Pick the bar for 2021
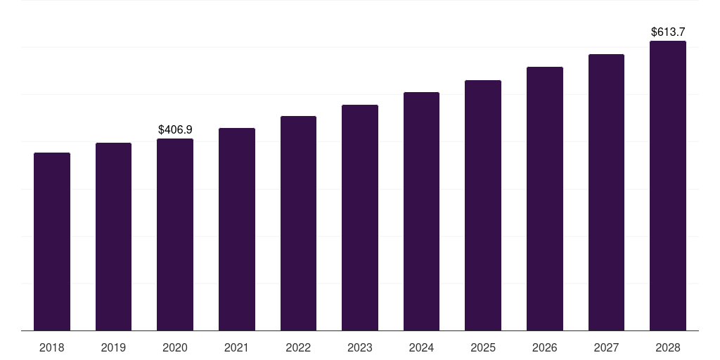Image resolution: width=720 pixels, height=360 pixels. coord(237,229)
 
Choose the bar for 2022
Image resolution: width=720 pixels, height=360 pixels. coord(298,223)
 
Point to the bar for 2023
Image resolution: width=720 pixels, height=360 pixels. coord(360,217)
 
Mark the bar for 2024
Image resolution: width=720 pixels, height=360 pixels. coord(421,211)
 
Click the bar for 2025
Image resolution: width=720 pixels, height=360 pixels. coord(483,205)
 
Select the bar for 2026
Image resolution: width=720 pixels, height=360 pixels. coord(545,198)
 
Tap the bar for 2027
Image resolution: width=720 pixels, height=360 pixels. coord(606,192)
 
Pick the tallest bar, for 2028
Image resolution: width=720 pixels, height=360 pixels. coord(668,186)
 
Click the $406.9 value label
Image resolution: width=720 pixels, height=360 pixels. coord(175,130)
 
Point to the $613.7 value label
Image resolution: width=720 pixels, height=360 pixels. coord(668,32)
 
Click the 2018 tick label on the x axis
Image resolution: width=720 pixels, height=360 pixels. coord(52,347)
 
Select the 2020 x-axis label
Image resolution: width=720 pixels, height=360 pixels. coord(175,347)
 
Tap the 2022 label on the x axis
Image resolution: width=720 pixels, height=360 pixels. coord(298,347)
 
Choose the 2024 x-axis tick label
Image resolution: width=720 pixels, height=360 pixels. coord(421,347)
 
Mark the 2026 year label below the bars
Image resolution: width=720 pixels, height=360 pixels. coord(545,347)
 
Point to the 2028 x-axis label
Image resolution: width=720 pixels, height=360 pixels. coord(668,347)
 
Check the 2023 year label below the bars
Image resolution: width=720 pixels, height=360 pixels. coord(360,347)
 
